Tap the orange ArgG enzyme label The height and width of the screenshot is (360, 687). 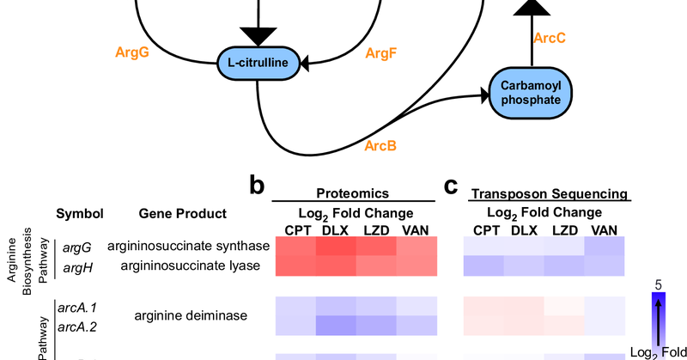[x=132, y=52]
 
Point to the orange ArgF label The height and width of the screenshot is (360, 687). [x=381, y=53]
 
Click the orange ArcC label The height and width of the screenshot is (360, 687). [x=550, y=39]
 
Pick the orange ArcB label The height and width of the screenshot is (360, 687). [x=380, y=146]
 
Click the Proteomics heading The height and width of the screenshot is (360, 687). [x=352, y=194]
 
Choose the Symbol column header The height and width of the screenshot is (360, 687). [x=80, y=213]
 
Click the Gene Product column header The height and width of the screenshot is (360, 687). [x=182, y=213]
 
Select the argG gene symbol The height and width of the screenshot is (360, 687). [x=72, y=247]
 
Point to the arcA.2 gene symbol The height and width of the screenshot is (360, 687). [x=76, y=326]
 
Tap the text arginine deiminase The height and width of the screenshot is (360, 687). [x=191, y=315]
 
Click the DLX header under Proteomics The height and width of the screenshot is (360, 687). [x=335, y=229]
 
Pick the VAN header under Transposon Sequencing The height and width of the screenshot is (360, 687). [x=605, y=229]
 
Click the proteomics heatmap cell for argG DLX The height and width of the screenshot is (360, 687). [x=336, y=247]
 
